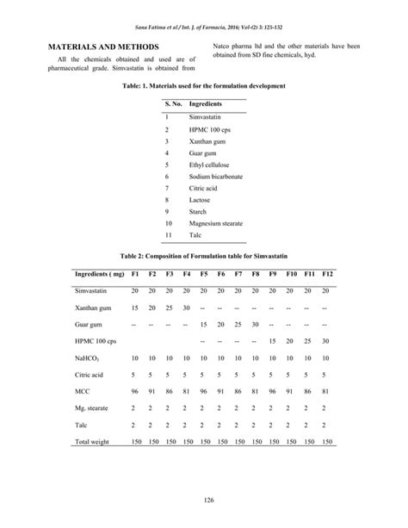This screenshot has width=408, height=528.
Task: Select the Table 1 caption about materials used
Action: [204, 88]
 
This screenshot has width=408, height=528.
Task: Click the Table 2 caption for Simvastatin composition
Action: [203, 257]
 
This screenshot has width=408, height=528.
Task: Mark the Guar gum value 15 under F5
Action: [203, 325]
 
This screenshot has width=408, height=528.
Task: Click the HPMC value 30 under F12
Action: [325, 341]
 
